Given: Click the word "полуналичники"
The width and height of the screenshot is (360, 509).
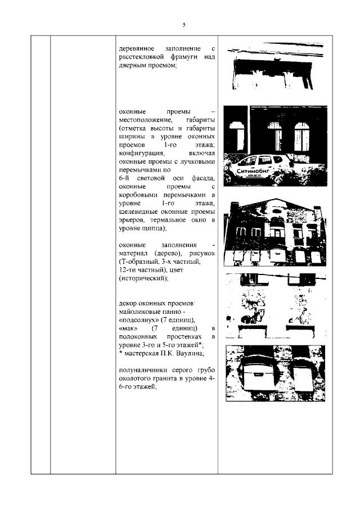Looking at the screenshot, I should (145, 370).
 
